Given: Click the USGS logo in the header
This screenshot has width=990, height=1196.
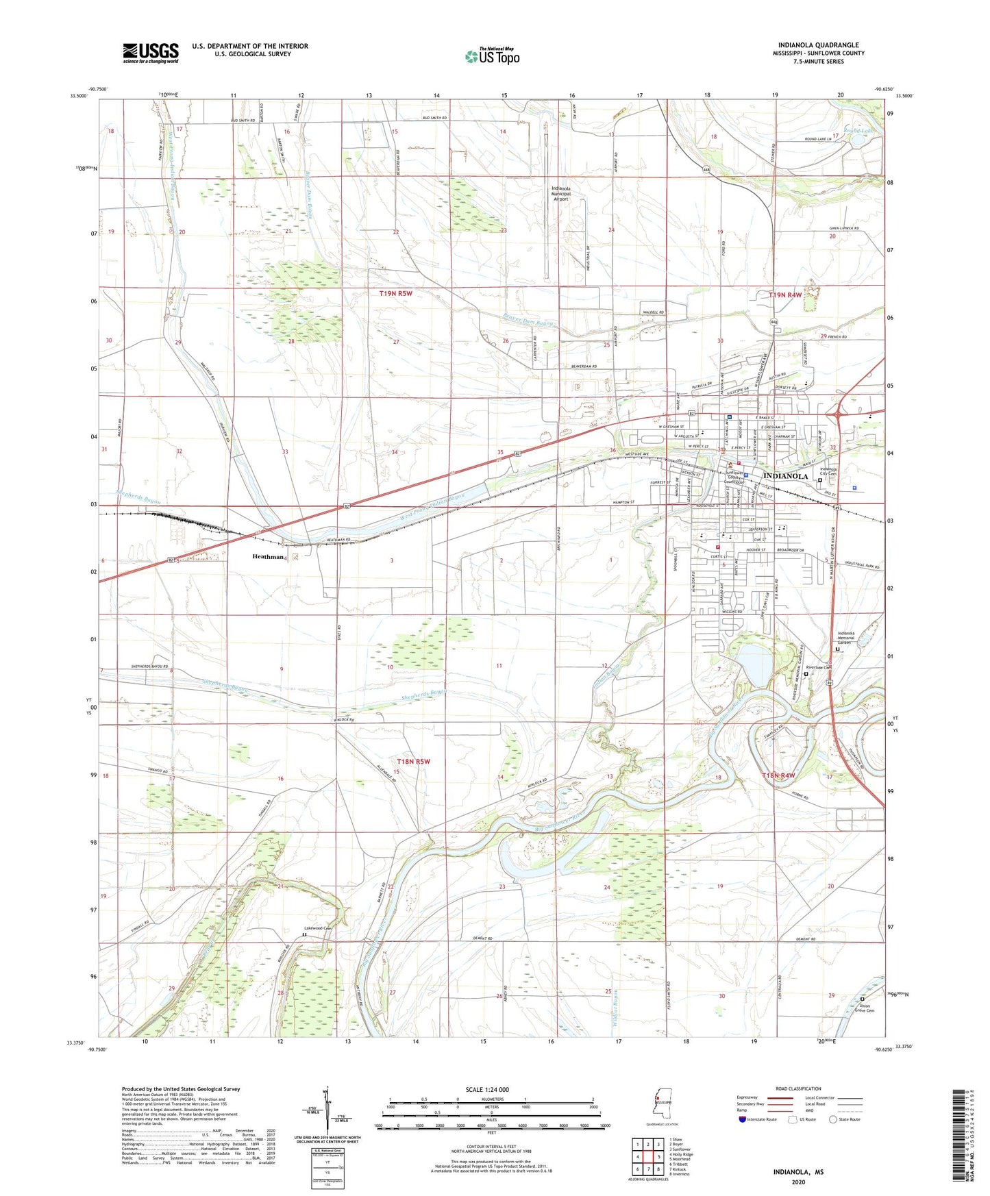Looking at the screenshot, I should point(151,53).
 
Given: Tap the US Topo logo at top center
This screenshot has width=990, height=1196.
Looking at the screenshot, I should point(492,56).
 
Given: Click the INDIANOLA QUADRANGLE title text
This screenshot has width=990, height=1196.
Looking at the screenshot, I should point(818,45).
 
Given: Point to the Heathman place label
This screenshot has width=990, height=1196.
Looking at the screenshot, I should point(268,557).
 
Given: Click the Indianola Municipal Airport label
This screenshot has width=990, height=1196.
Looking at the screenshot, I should point(561,193).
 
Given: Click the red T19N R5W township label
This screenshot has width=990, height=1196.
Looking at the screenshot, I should point(396,294).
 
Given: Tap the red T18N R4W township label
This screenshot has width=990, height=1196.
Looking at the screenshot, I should point(778,775).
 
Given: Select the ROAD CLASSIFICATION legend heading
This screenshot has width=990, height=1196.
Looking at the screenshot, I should point(798,1088).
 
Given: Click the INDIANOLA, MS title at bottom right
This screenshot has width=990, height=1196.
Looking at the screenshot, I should point(798,1172).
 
